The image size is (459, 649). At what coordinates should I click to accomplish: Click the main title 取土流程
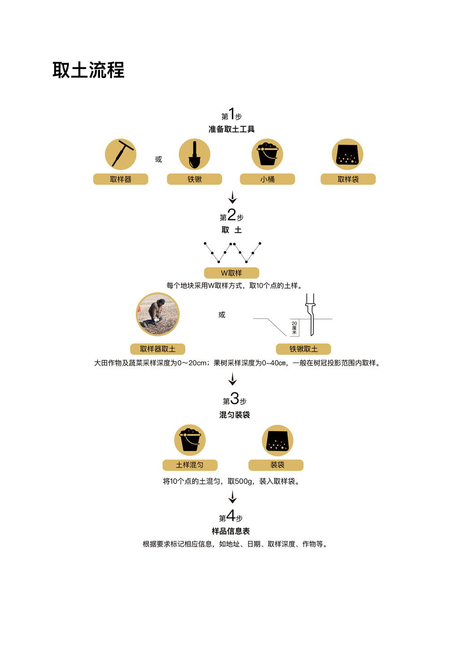(88, 70)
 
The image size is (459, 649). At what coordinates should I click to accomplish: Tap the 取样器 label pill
(121, 179)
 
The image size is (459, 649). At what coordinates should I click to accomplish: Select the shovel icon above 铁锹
(195, 154)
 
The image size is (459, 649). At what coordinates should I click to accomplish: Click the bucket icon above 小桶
(267, 154)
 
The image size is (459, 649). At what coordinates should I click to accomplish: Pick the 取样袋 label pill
(348, 179)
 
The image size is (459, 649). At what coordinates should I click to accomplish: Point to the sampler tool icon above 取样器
(121, 154)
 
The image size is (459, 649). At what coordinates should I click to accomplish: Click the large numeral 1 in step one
(232, 113)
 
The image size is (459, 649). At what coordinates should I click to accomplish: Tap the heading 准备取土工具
(231, 130)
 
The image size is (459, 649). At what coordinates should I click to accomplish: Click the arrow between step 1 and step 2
(232, 197)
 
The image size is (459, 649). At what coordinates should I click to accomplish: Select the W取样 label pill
(231, 273)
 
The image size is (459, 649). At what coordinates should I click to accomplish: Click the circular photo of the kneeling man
(158, 314)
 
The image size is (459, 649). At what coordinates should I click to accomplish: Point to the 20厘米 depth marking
(294, 328)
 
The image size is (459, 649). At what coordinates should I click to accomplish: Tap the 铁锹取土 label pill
(303, 349)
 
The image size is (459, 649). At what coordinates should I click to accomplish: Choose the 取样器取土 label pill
(157, 349)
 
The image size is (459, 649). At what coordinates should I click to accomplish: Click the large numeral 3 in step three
(234, 398)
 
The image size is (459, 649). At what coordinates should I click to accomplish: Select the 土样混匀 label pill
(190, 465)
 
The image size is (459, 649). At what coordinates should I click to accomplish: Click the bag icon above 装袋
(277, 441)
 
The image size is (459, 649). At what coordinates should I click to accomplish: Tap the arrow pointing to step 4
(232, 497)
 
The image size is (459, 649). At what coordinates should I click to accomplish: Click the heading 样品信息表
(231, 531)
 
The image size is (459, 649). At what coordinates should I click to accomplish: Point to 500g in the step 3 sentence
(244, 481)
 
